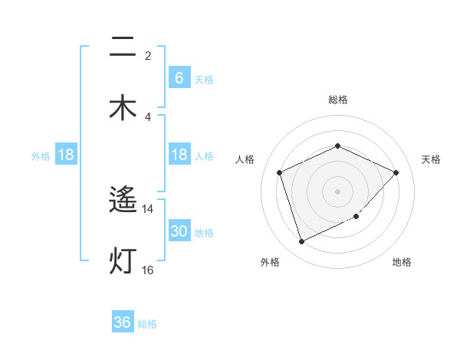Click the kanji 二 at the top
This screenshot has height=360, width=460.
click(x=123, y=47)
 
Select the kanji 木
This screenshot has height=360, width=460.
click(x=123, y=107)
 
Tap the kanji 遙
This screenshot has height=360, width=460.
click(x=123, y=201)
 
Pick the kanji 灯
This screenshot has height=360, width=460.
click(x=123, y=260)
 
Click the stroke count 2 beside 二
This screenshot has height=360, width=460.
click(x=148, y=56)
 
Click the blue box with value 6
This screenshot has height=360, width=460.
click(x=179, y=78)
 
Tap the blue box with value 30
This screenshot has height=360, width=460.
click(x=179, y=231)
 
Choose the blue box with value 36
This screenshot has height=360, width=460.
click(x=123, y=322)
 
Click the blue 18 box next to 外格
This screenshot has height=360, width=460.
click(x=66, y=155)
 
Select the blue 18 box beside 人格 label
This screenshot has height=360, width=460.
click(x=179, y=155)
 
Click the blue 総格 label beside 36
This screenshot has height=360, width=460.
click(x=147, y=324)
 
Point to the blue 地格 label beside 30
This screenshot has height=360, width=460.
click(x=204, y=233)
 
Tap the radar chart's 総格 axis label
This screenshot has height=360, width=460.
click(x=337, y=100)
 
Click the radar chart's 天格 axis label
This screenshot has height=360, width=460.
click(x=431, y=159)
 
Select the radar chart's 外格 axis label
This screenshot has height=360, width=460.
click(x=270, y=262)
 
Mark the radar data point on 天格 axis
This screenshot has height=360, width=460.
click(x=396, y=172)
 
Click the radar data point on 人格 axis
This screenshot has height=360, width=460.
click(x=280, y=172)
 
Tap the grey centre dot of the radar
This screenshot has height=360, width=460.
click(x=337, y=191)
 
